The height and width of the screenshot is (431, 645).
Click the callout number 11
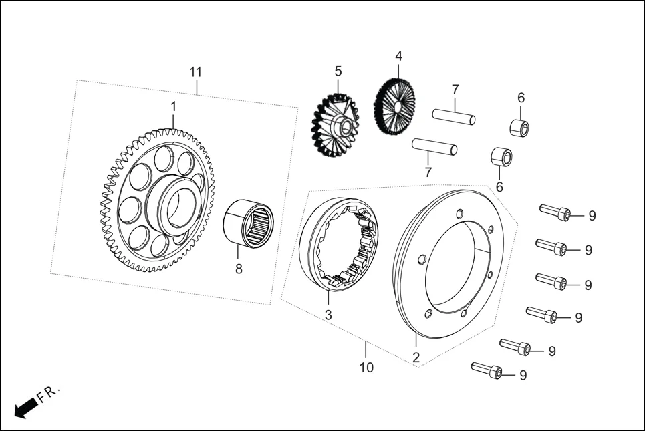click(x=195, y=71)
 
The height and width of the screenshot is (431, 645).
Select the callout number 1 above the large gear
click(x=173, y=106)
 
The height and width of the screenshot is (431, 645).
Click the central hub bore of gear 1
click(x=178, y=206)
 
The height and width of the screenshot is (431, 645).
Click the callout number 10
click(x=366, y=367)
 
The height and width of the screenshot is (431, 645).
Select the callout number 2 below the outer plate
click(x=416, y=358)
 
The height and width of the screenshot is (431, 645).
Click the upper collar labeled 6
click(x=521, y=127)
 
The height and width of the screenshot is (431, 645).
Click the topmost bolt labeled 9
click(x=555, y=212)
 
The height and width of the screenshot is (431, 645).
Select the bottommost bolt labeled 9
click(x=487, y=370)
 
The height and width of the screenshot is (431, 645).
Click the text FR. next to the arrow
click(x=49, y=393)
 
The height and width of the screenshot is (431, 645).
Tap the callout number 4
click(x=398, y=55)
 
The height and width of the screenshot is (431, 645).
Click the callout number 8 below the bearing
click(x=239, y=269)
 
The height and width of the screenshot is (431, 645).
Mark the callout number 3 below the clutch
click(x=328, y=314)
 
